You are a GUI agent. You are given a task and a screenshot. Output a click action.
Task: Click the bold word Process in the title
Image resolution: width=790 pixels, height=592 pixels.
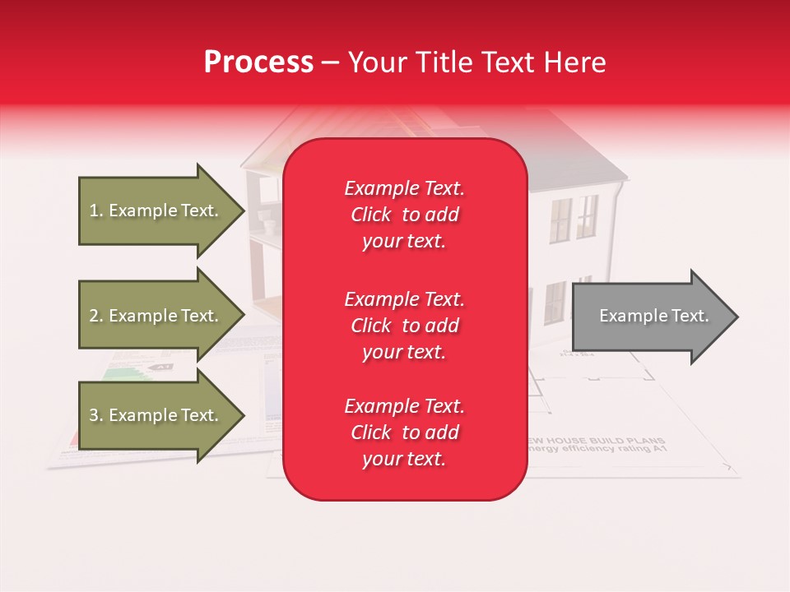tap(258, 62)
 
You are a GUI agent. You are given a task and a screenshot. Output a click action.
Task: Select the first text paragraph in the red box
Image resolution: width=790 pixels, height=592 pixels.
tap(404, 215)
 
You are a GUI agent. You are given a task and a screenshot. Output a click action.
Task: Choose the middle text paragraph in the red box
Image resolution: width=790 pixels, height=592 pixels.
tap(404, 326)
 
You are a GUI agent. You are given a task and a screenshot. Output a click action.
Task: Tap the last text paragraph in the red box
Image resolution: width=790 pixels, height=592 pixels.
tap(404, 432)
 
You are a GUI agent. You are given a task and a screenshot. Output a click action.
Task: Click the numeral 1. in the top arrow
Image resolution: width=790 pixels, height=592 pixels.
tap(95, 210)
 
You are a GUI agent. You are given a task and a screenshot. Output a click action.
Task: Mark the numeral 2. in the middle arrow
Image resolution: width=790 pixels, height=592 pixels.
tap(95, 316)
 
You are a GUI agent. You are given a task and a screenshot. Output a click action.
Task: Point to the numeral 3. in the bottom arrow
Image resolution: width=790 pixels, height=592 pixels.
tap(95, 415)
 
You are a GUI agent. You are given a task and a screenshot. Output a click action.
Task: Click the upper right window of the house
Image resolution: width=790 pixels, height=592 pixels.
tap(587, 215)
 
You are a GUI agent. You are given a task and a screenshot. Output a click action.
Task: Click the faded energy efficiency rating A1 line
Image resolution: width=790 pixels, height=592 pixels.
tap(596, 450)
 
